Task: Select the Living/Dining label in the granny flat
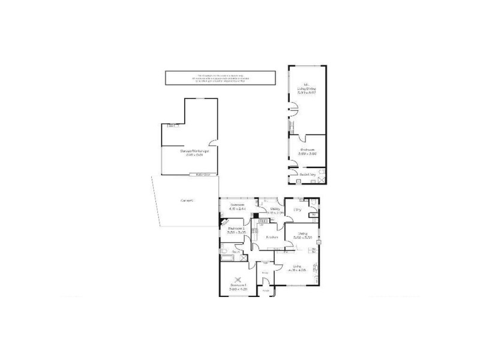tap(307, 89)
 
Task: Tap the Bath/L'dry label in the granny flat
tap(308, 175)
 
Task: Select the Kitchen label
tap(271, 237)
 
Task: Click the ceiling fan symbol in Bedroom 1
tap(239, 278)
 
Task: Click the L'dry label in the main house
tap(296, 209)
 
